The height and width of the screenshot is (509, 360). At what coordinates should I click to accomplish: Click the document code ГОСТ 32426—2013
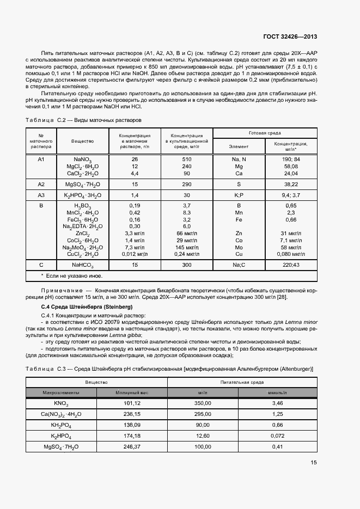[290, 37]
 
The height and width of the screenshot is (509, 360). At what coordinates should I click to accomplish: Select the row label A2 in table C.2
[40, 185]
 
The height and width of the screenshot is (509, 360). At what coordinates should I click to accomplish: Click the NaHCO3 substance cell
[82, 265]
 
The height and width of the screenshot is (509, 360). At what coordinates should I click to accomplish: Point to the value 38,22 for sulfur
[291, 185]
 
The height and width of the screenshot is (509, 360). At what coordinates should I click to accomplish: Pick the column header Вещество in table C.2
[82, 141]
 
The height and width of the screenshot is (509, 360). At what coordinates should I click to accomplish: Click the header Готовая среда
[265, 133]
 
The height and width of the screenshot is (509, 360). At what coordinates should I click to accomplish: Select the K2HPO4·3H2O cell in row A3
[82, 195]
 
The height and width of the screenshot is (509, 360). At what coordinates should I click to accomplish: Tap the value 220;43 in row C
[291, 265]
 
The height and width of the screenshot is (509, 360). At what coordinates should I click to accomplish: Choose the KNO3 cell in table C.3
[60, 403]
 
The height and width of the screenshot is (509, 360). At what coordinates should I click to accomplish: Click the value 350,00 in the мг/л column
[203, 403]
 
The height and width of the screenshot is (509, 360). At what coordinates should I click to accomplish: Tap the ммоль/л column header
[277, 393]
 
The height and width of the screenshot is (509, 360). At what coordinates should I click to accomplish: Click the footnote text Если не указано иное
[68, 276]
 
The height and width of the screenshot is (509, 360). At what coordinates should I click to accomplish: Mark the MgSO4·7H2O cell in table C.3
[60, 447]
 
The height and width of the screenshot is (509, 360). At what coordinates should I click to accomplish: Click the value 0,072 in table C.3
[277, 436]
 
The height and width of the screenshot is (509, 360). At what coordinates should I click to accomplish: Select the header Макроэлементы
[60, 393]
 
